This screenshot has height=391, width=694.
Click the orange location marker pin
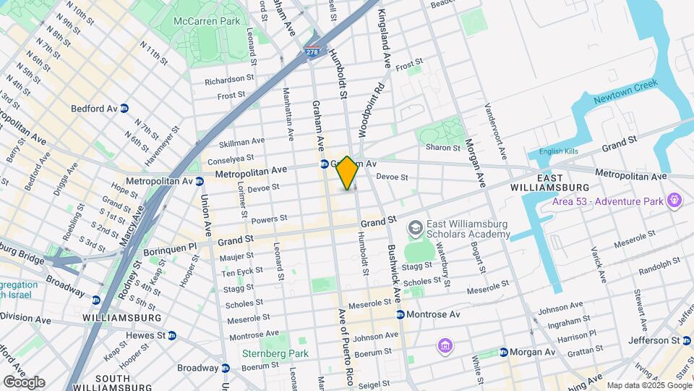[347, 172]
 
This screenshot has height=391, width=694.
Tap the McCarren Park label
[206, 22]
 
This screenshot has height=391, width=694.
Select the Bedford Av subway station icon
[124, 109]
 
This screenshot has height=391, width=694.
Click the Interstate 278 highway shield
[312, 51]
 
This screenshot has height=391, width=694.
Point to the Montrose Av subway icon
[400, 314]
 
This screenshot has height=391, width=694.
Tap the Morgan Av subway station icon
[503, 352]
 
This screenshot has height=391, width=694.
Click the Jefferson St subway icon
[686, 340]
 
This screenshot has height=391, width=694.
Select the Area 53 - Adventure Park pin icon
[675, 198]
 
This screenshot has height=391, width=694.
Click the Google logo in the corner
[23, 382]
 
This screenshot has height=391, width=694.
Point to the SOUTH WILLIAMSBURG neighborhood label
[102, 383]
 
